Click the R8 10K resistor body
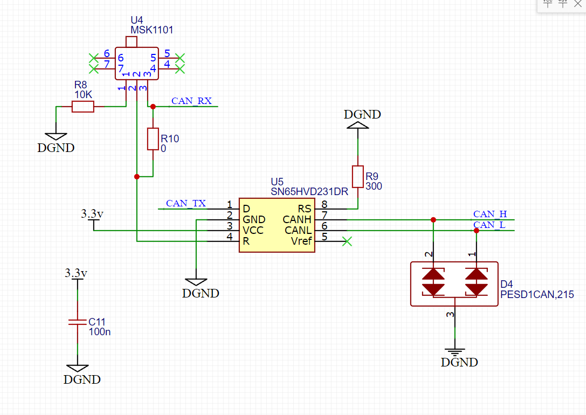[x=82, y=107]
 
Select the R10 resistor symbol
[x=153, y=139]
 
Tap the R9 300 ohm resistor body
[x=357, y=177]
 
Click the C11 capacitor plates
[x=78, y=322]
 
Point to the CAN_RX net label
[x=191, y=101]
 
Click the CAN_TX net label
[x=186, y=203]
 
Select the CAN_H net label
[x=490, y=214]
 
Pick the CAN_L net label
[x=489, y=225]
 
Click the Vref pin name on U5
[x=301, y=241]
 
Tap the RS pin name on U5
[x=304, y=209]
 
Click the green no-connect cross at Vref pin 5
[x=347, y=241]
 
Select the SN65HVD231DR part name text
[x=309, y=192]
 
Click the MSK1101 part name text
[x=151, y=30]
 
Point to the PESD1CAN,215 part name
[x=537, y=295]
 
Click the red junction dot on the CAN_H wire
[x=433, y=220]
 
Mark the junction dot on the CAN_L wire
[x=477, y=231]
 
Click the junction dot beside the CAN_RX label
[x=153, y=107]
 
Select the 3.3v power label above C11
[x=76, y=273]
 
